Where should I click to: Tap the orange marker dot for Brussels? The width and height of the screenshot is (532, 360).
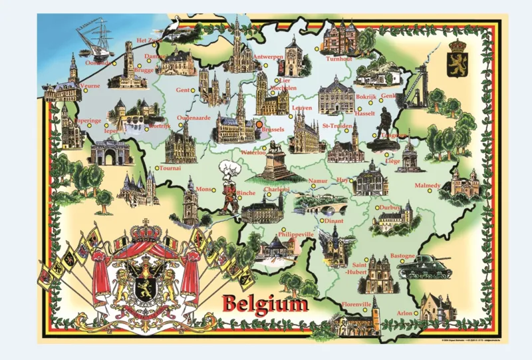tap(258, 123)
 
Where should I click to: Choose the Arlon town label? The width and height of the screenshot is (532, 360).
tap(404, 311)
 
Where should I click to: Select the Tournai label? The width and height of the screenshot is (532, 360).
tap(171, 168)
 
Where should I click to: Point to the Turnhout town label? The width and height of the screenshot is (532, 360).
tap(338, 59)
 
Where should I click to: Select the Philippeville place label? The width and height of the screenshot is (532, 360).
tap(295, 234)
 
